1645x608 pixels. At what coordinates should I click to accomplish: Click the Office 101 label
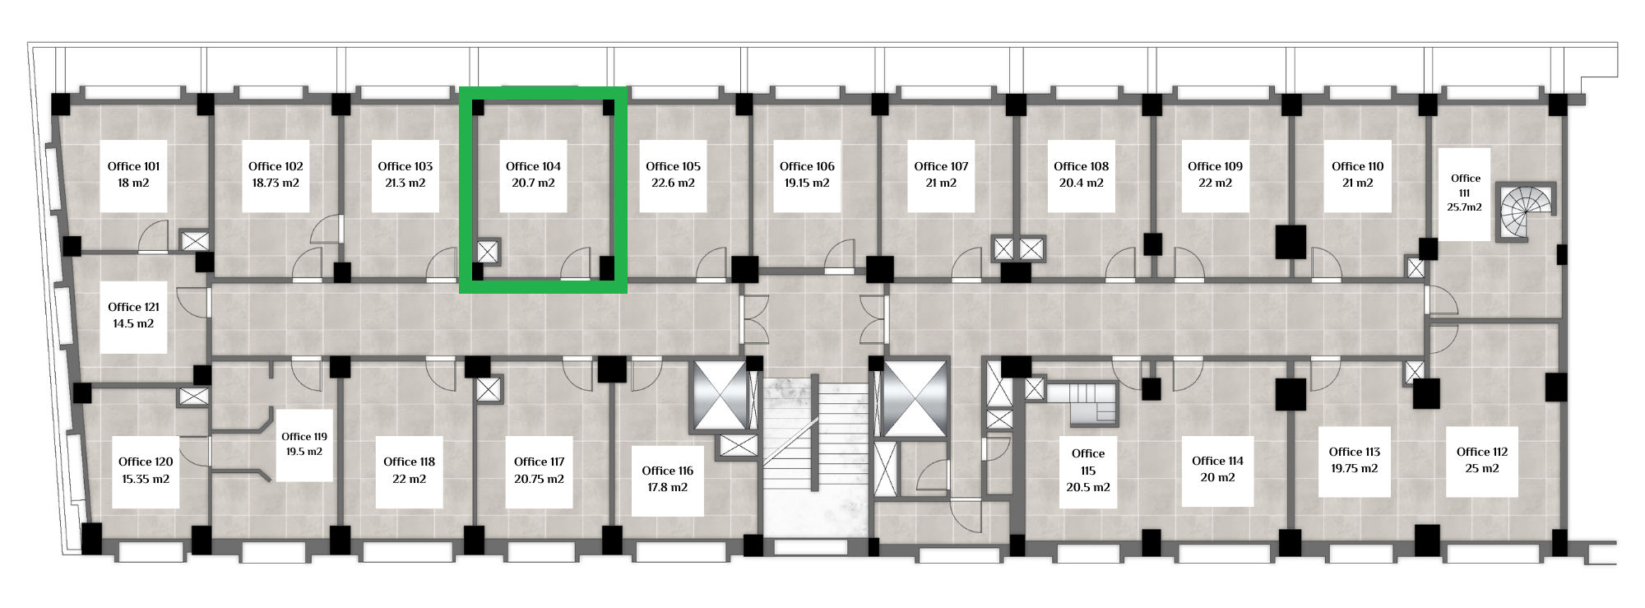click(133, 166)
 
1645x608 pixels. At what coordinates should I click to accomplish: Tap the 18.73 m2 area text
click(276, 183)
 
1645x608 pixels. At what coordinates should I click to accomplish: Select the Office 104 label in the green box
click(533, 166)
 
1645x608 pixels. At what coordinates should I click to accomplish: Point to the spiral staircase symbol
click(1526, 211)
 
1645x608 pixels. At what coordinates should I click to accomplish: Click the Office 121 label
click(133, 307)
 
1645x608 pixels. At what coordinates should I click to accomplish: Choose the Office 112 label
click(1481, 452)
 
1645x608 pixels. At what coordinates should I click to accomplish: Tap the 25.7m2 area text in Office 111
click(1464, 207)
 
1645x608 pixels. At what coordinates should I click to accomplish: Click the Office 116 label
click(667, 471)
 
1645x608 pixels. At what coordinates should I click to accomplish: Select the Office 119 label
click(304, 437)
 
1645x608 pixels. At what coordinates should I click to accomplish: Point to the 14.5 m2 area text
click(133, 324)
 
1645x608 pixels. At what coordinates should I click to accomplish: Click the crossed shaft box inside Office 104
click(487, 252)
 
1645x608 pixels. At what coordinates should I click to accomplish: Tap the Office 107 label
click(941, 166)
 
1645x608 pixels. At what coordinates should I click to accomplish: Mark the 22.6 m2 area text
click(673, 183)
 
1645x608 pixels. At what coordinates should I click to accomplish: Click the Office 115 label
click(1087, 462)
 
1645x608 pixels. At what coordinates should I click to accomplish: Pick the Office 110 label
click(1357, 166)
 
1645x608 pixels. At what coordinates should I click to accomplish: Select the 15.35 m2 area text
click(146, 479)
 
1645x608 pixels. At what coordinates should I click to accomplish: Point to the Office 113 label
click(1354, 452)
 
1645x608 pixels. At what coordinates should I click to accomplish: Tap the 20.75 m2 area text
click(539, 479)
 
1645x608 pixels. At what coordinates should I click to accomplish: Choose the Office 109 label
click(1215, 166)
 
